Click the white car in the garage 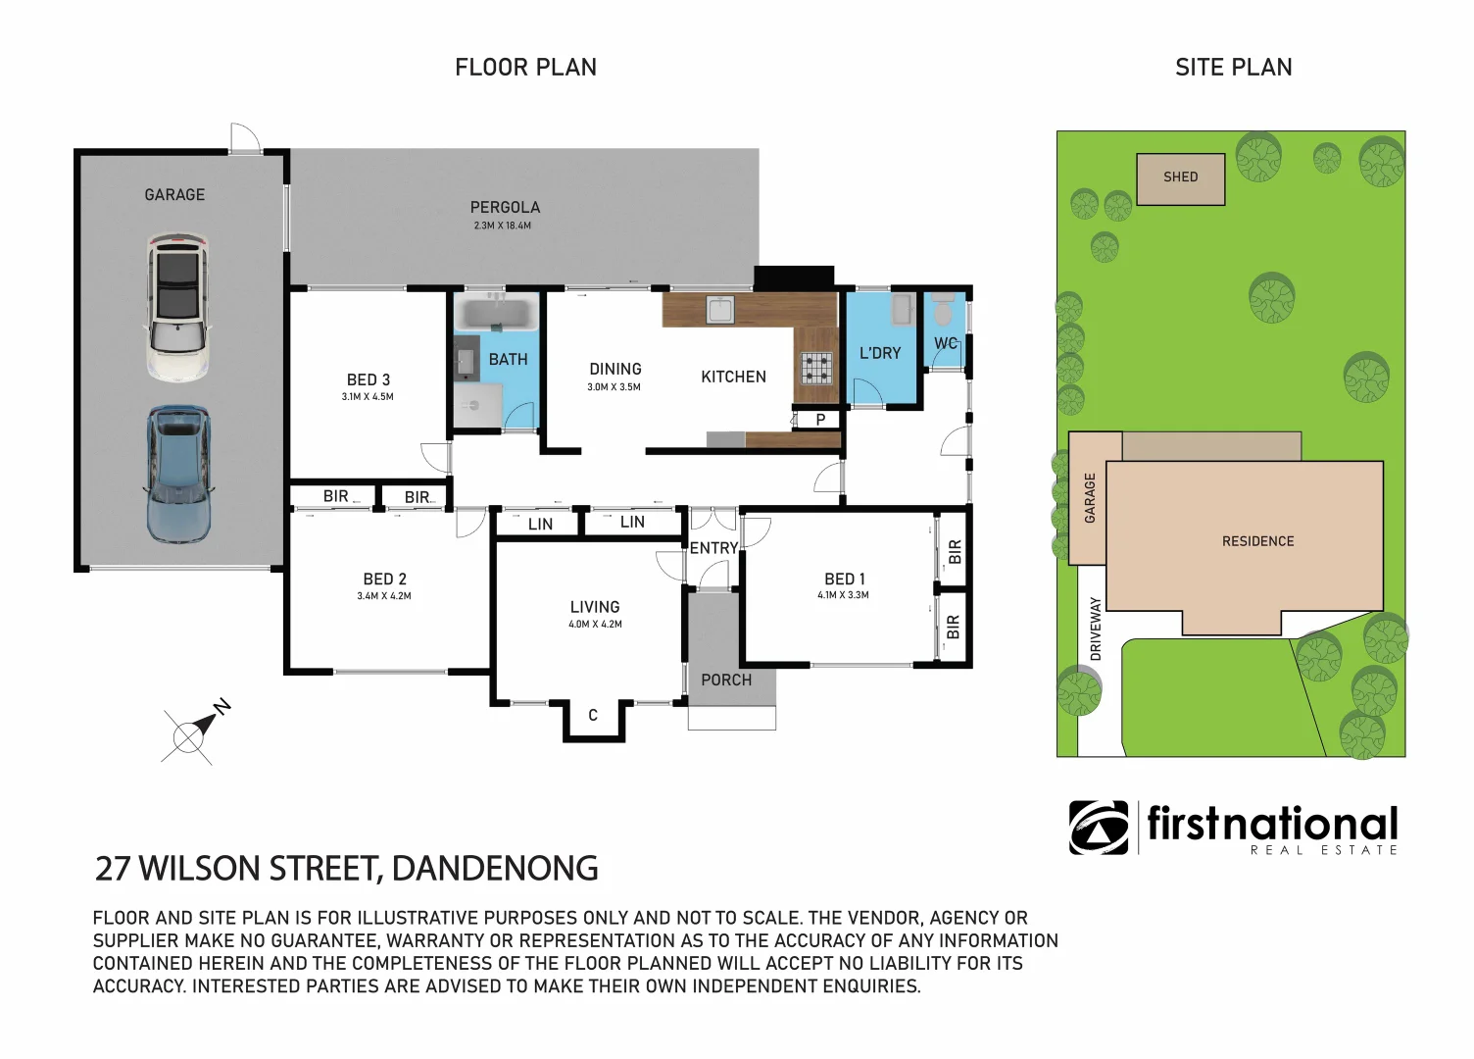click(x=177, y=307)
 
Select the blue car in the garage click(x=178, y=474)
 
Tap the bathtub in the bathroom click(x=496, y=316)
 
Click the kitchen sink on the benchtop click(x=720, y=310)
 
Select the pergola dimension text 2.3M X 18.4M click(x=502, y=226)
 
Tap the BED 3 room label click(x=368, y=379)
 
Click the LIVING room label click(x=595, y=607)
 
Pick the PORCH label click(x=726, y=680)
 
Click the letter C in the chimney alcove click(x=593, y=715)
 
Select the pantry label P click(x=820, y=420)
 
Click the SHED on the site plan click(x=1181, y=179)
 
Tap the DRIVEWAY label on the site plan click(x=1095, y=629)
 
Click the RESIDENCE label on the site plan click(x=1257, y=541)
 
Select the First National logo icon click(x=1099, y=828)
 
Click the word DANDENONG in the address click(x=495, y=868)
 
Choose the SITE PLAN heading click(x=1233, y=67)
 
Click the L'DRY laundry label click(x=880, y=353)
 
